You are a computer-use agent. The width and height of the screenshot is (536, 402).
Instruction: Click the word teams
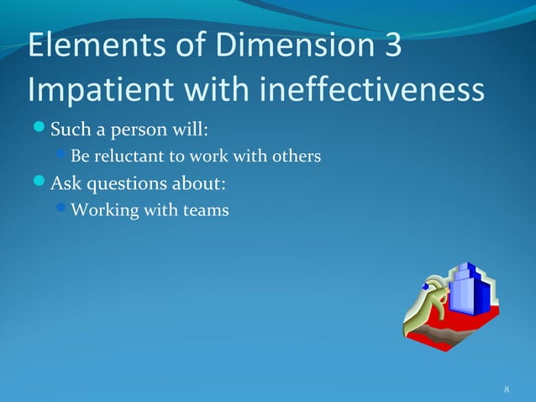206,210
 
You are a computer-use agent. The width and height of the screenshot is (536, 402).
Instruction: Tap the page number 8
507,389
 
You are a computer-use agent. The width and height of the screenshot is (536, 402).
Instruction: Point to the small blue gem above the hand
426,285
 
